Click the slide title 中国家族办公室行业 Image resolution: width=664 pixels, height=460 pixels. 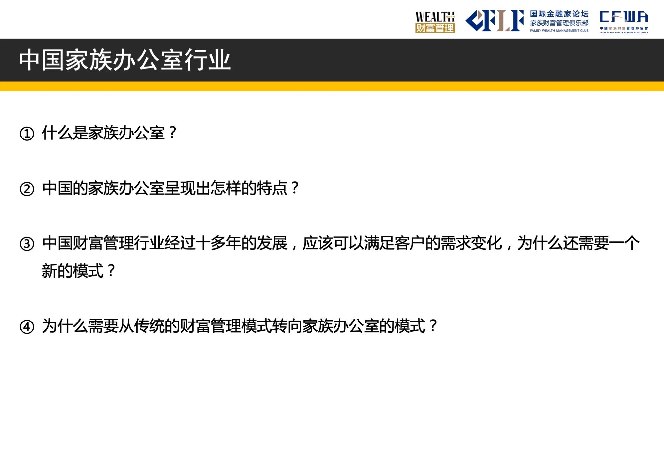click(125, 60)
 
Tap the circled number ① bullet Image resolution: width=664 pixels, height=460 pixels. click(27, 134)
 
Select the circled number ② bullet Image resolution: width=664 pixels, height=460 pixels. click(27, 189)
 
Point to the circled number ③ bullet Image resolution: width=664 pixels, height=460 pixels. click(27, 244)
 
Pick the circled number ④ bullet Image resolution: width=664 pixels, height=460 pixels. click(27, 327)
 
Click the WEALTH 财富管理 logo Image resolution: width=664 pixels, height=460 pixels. click(435, 22)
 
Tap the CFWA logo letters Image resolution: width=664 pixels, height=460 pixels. click(624, 17)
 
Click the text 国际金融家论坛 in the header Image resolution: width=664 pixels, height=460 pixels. click(559, 14)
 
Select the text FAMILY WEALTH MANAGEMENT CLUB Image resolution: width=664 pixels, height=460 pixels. click(559, 31)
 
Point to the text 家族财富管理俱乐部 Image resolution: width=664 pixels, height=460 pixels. click(559, 23)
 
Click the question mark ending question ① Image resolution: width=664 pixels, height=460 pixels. click(172, 133)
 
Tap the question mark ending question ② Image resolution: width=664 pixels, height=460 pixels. click(295, 188)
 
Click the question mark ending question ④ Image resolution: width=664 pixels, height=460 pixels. click(433, 326)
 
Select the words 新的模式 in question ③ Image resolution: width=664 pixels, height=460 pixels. click(73, 271)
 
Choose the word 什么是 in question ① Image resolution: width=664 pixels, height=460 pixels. click(65, 133)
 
